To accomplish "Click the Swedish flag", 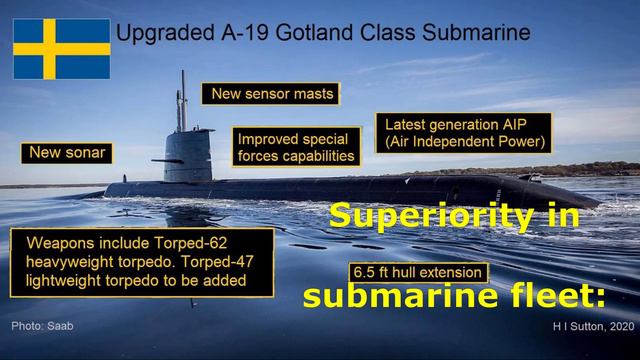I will pos(61,48).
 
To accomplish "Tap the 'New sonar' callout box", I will pos(66,153).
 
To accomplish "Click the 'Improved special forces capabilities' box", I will pos(296,147).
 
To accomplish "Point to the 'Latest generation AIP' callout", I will pos(464,132).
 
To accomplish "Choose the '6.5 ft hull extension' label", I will pos(419,272).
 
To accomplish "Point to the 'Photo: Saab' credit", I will pos(43,326).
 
